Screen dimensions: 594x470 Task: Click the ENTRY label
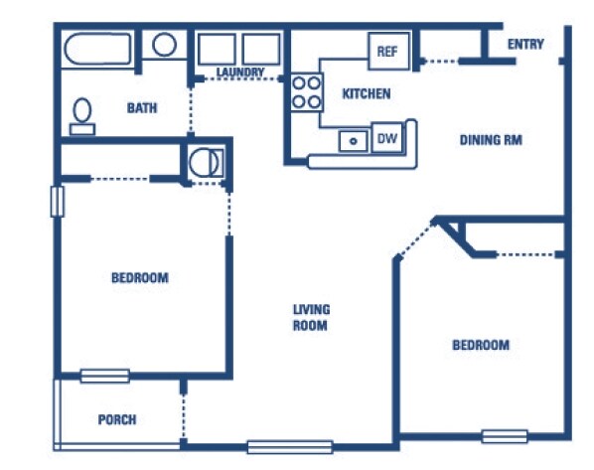[525, 45]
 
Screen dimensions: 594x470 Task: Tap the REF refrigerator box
[389, 51]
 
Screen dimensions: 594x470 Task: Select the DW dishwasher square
[387, 138]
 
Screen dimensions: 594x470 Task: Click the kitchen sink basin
[353, 141]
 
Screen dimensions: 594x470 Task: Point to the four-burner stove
[307, 92]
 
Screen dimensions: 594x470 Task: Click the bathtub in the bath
[97, 50]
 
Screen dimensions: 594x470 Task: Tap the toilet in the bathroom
[82, 116]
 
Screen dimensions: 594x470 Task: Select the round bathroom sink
[164, 45]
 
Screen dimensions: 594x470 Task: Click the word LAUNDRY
[240, 72]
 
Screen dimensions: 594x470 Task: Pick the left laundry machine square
[217, 50]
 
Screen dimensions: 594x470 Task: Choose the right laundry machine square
[261, 50]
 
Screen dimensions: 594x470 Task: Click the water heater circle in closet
[204, 163]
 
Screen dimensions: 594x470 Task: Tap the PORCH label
[117, 419]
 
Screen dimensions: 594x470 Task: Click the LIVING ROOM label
[311, 318]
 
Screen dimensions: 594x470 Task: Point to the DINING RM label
[491, 140]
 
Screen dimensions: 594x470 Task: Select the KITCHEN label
[367, 94]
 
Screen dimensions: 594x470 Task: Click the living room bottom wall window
[290, 447]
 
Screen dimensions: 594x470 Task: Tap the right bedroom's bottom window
[505, 436]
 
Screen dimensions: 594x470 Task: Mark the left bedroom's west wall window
[58, 202]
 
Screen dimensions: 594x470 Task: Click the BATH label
[142, 108]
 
